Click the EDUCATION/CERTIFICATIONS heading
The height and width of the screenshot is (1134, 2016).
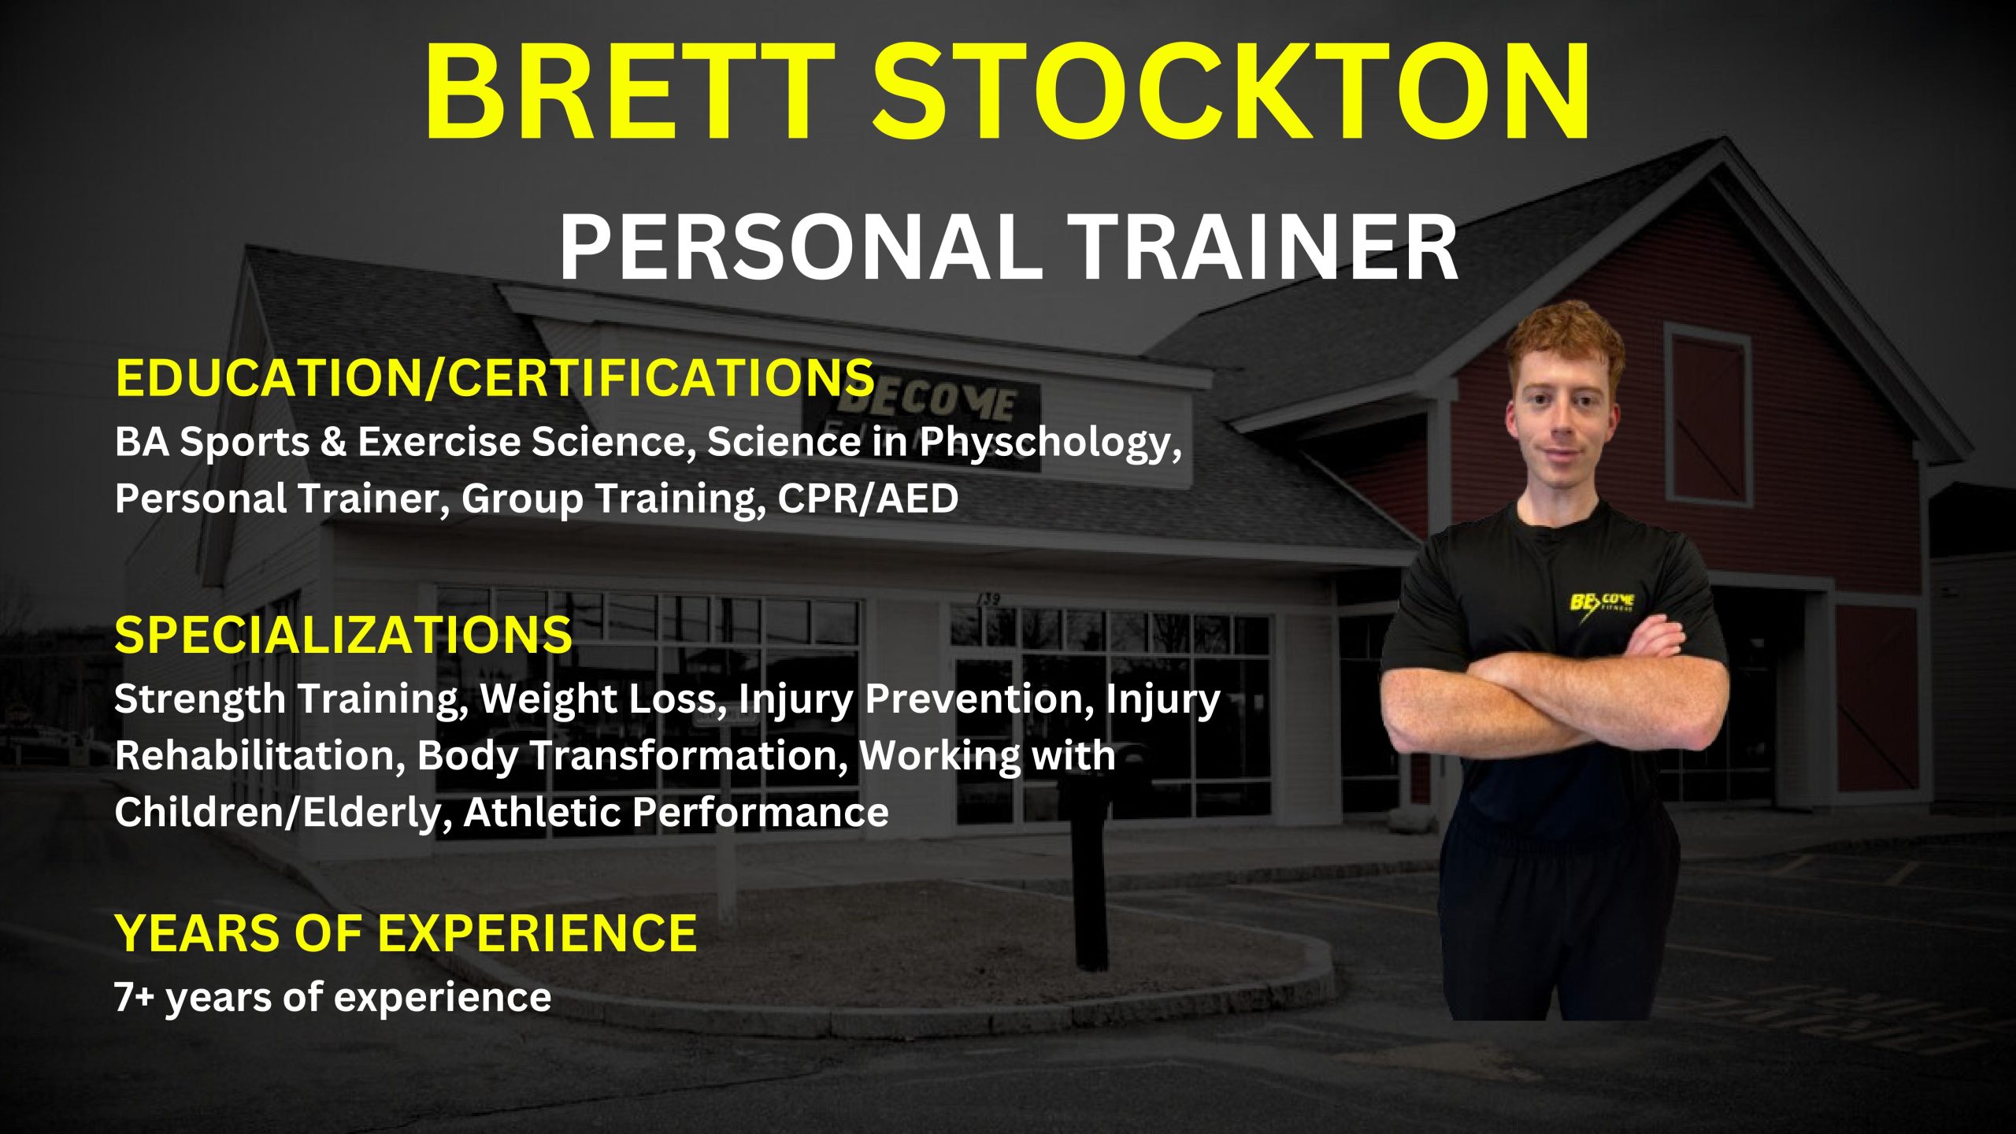click(495, 377)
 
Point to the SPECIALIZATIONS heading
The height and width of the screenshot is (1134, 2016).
click(343, 635)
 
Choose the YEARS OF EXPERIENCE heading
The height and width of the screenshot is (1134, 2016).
click(406, 932)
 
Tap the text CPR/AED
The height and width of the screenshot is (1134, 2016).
click(868, 498)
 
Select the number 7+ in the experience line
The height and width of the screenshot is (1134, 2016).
click(135, 997)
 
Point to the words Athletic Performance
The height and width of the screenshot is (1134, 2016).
click(676, 813)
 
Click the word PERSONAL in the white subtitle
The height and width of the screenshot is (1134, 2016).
click(800, 247)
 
